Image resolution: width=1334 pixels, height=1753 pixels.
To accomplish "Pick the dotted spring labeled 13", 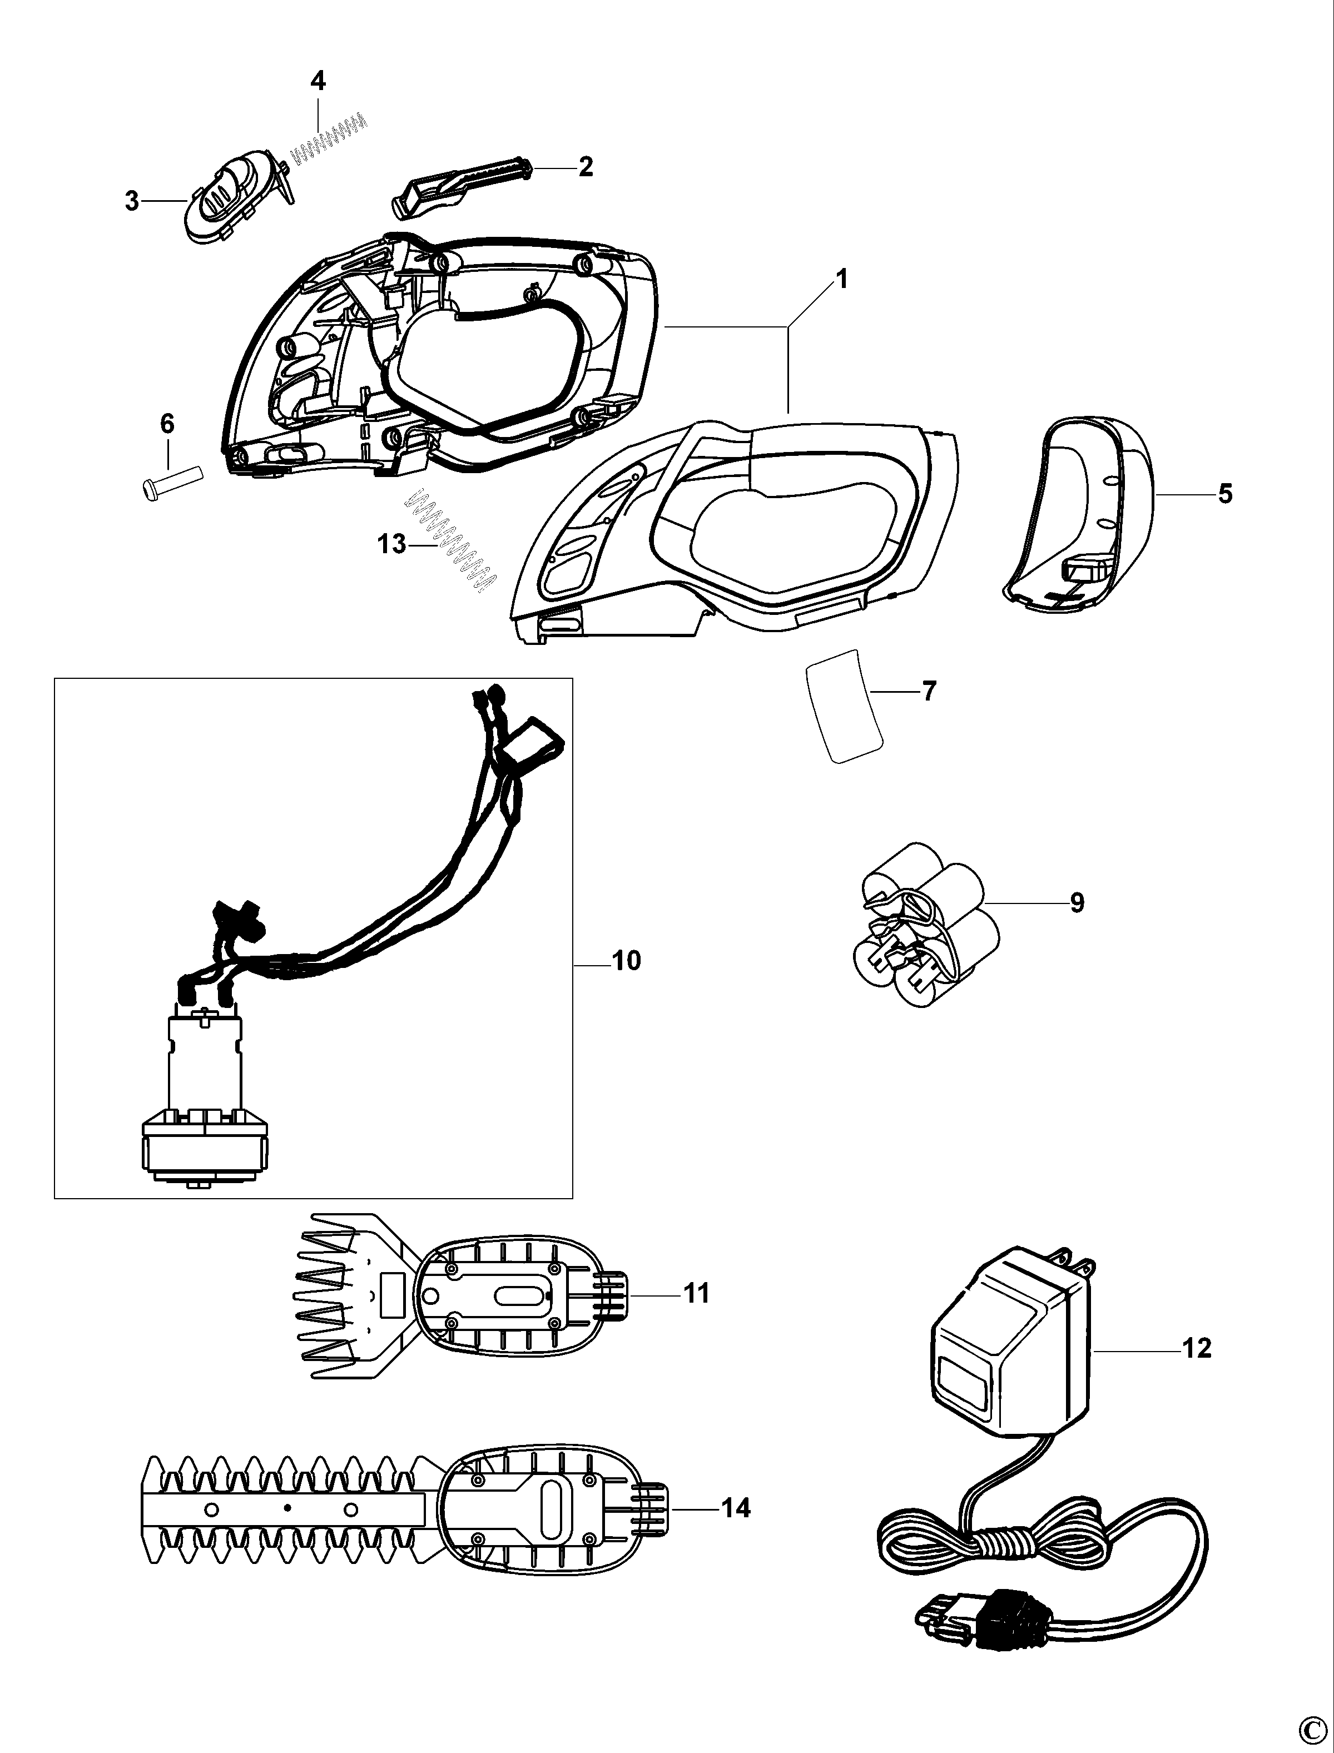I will point(450,545).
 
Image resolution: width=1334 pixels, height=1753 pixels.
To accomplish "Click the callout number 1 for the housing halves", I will point(842,280).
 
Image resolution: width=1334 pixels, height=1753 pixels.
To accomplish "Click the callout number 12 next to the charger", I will point(1197,1348).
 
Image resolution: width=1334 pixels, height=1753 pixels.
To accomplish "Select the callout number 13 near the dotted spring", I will point(392,545).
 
